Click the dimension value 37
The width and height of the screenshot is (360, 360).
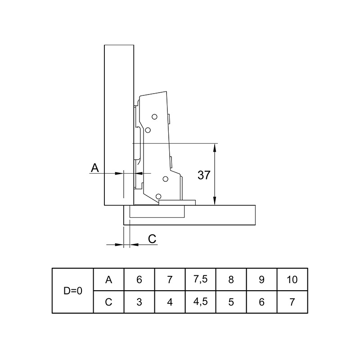(x=204, y=175)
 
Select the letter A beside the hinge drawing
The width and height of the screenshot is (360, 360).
(x=95, y=168)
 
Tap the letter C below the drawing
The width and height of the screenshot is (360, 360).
(x=152, y=239)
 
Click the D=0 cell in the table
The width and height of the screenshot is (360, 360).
(x=73, y=291)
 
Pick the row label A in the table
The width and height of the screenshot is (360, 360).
(x=108, y=279)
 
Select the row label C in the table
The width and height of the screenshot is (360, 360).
(x=108, y=302)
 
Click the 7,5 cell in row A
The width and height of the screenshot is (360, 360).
(x=200, y=279)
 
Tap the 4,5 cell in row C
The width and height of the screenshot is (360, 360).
(x=200, y=301)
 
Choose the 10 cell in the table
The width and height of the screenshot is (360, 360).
(x=292, y=279)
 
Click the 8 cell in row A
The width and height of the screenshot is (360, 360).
(x=231, y=279)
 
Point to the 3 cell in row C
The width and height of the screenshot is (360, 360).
(x=139, y=302)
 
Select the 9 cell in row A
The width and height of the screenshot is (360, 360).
(x=261, y=279)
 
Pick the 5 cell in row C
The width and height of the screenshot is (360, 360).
(x=231, y=302)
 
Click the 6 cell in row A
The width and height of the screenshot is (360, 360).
(x=139, y=279)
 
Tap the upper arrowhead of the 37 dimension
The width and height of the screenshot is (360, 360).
(x=215, y=148)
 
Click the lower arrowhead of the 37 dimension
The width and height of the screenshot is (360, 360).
(x=215, y=201)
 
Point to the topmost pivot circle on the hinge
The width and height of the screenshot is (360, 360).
(x=154, y=117)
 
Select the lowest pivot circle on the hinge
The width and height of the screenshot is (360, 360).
(x=158, y=196)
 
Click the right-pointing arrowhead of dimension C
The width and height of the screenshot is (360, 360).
(x=119, y=245)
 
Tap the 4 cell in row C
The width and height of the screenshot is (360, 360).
(x=170, y=302)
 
